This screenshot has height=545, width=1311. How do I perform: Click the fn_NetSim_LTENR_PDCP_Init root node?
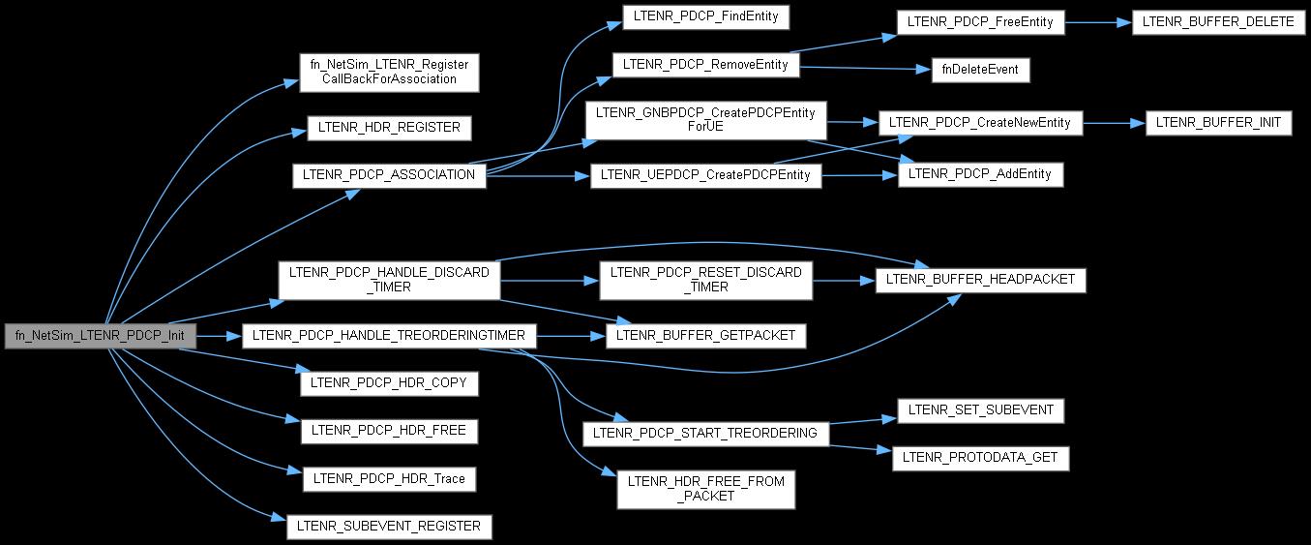pyautogui.click(x=101, y=336)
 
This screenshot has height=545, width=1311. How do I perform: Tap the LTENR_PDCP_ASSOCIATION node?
pyautogui.click(x=389, y=175)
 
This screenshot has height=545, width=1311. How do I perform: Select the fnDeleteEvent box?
pyautogui.click(x=979, y=70)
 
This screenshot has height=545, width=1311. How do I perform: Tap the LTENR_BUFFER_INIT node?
pyautogui.click(x=1218, y=123)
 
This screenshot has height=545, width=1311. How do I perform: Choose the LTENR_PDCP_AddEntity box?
pyautogui.click(x=981, y=174)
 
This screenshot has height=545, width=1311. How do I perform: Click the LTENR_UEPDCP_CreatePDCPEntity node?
pyautogui.click(x=706, y=175)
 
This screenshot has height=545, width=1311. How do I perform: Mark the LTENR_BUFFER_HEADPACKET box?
pyautogui.click(x=981, y=280)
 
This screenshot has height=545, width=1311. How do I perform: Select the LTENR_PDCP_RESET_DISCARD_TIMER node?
pyautogui.click(x=706, y=280)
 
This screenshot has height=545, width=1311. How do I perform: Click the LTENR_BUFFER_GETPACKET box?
pyautogui.click(x=707, y=335)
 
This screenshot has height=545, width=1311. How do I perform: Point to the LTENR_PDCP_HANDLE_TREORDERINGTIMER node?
pyautogui.click(x=389, y=336)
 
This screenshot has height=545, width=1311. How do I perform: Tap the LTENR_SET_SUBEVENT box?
pyautogui.click(x=981, y=409)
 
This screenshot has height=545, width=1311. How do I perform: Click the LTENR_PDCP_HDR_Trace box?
pyautogui.click(x=389, y=478)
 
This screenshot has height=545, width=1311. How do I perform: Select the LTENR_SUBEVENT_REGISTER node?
pyautogui.click(x=389, y=527)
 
